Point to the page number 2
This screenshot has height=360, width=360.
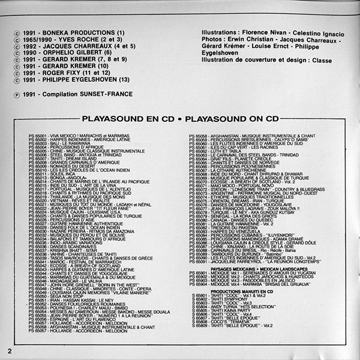pos(10,350)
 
